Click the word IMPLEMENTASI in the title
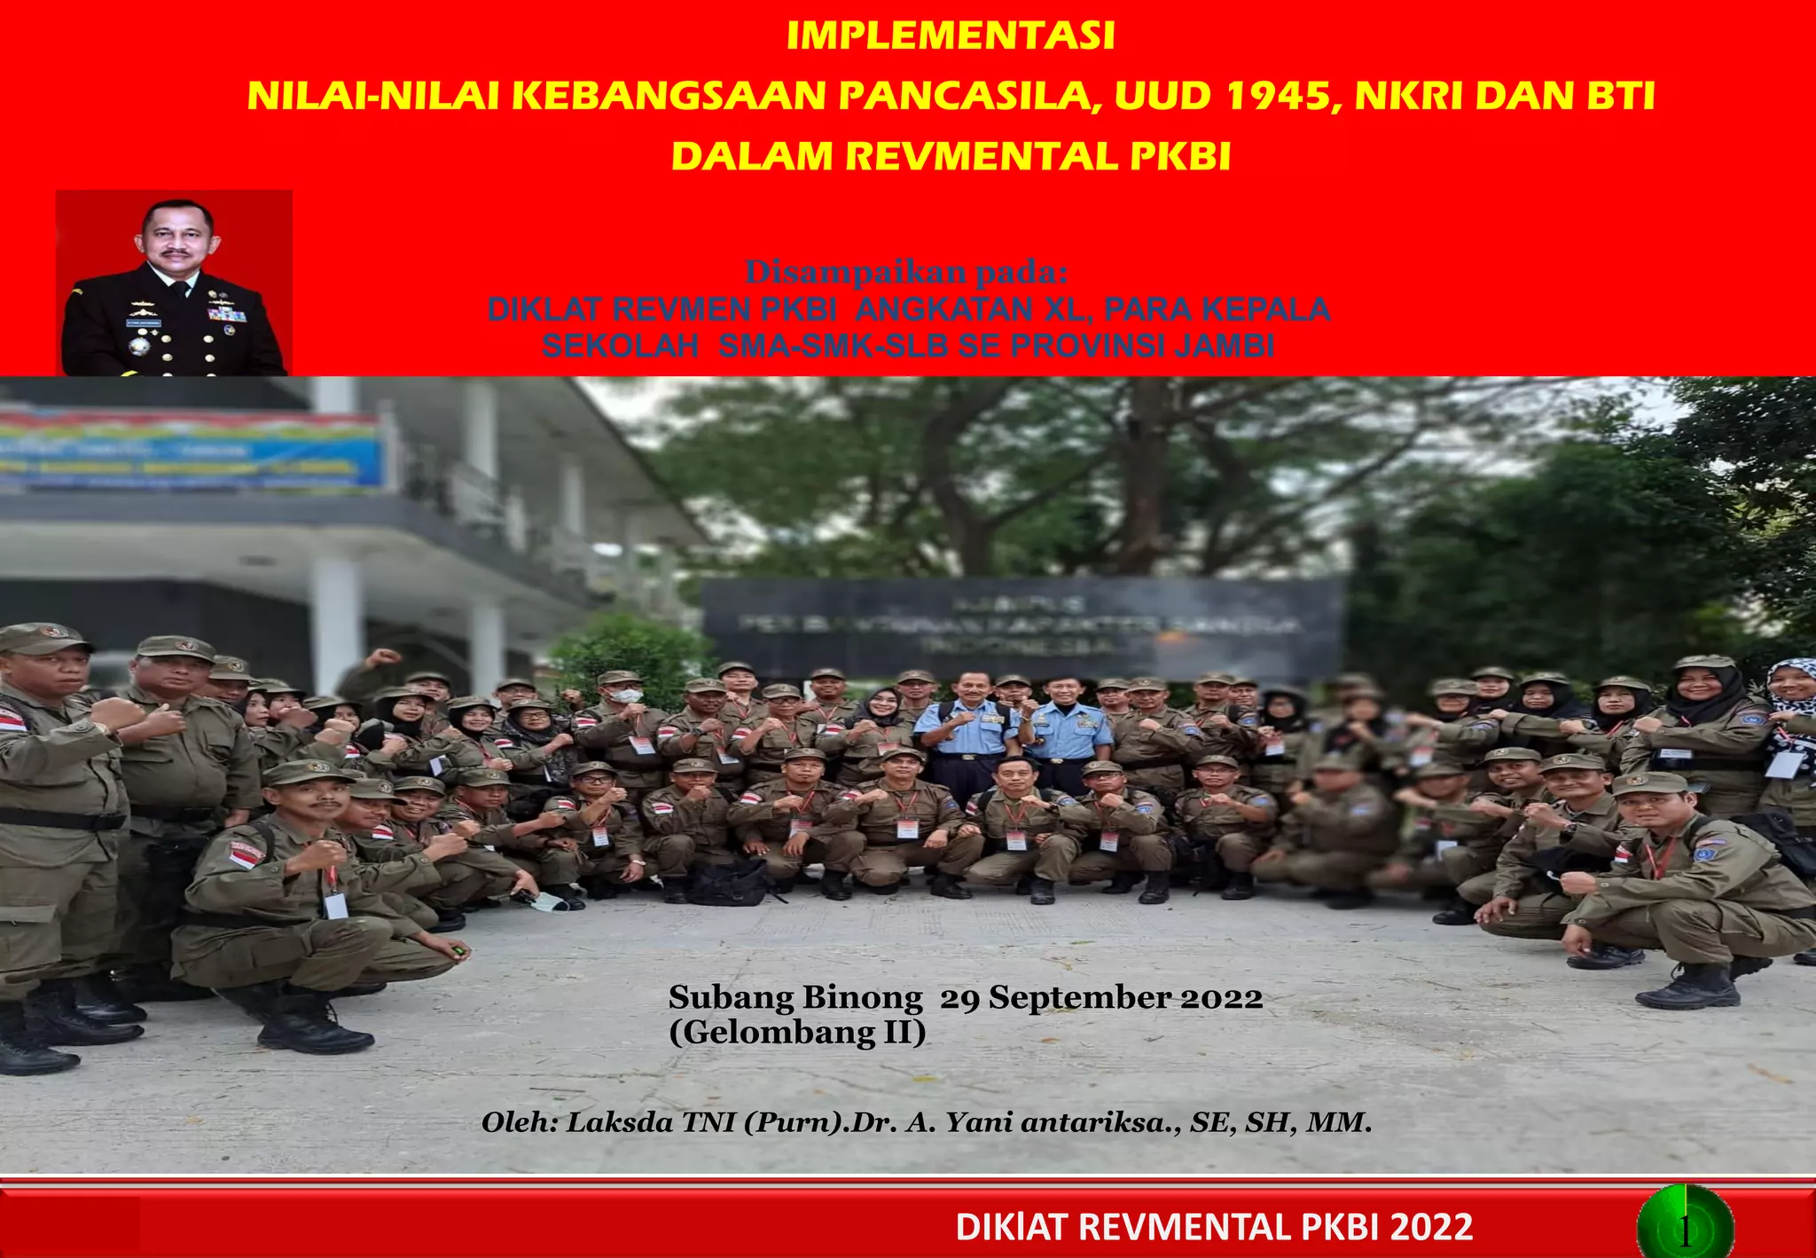pos(950,36)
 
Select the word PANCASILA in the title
pos(967,96)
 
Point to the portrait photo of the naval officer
pos(174,283)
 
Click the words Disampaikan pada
pos(905,272)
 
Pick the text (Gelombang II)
pos(797,1033)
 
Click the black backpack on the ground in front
pos(729,882)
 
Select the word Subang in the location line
pos(732,998)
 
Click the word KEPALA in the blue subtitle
pos(1265,309)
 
